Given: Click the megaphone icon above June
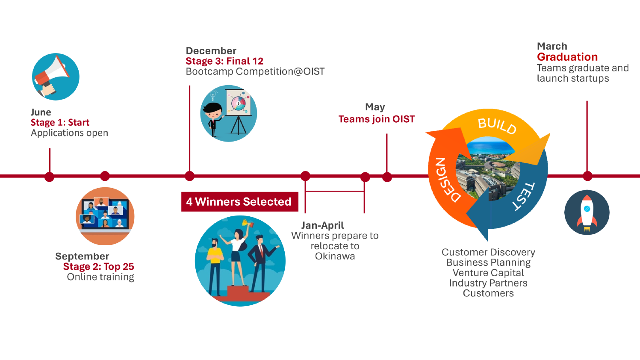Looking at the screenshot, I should click(x=56, y=77).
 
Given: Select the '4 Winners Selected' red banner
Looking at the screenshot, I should click(x=239, y=202).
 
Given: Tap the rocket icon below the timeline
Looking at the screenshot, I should click(x=587, y=212).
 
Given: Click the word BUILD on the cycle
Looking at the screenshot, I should click(x=497, y=126).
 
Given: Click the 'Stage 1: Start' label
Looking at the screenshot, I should click(x=60, y=123).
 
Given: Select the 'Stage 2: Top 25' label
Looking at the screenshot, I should click(x=98, y=267).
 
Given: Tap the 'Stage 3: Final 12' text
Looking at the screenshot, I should click(x=224, y=61).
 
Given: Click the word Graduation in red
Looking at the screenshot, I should click(x=567, y=57).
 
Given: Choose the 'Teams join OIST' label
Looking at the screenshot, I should click(x=376, y=119).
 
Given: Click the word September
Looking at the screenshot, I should click(x=82, y=256).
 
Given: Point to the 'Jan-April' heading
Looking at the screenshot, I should click(x=322, y=225).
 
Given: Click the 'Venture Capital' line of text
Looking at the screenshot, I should click(x=488, y=273).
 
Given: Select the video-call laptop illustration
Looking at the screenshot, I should click(x=105, y=216).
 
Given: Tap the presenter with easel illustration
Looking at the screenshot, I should click(x=229, y=113).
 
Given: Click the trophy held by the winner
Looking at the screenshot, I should click(x=246, y=223).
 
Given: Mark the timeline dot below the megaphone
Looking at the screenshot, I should click(x=50, y=177).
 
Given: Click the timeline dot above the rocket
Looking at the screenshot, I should click(x=587, y=176).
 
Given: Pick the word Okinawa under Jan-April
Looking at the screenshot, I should click(x=335, y=257).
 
